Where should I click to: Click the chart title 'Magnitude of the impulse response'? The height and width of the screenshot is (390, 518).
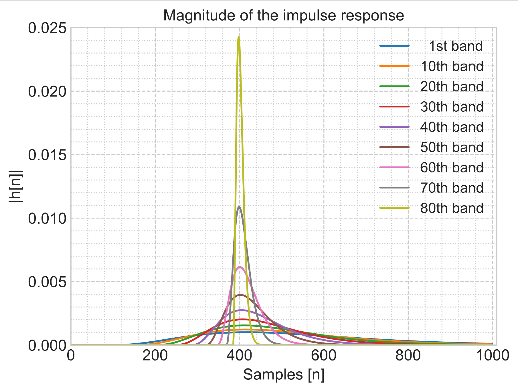pos(283,15)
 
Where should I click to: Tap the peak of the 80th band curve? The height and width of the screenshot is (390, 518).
pos(239,37)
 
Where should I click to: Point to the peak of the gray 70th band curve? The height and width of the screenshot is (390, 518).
pos(239,207)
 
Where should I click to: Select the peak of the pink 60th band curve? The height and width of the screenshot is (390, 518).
pos(240,267)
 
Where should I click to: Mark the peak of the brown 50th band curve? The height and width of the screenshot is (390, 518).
pos(240,295)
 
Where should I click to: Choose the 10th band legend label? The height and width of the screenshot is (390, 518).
pos(452,66)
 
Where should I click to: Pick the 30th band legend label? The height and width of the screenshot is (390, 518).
pos(452,107)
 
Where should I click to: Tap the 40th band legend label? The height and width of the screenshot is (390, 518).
pos(452,127)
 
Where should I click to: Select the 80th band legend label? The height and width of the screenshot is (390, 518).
pos(452,208)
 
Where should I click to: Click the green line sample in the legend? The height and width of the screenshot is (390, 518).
pos(394,86)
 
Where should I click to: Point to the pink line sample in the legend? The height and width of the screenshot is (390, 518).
pos(394,168)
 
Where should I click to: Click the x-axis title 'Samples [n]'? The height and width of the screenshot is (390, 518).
pos(283,375)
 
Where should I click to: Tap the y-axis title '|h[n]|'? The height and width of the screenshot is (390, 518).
pos(16,186)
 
